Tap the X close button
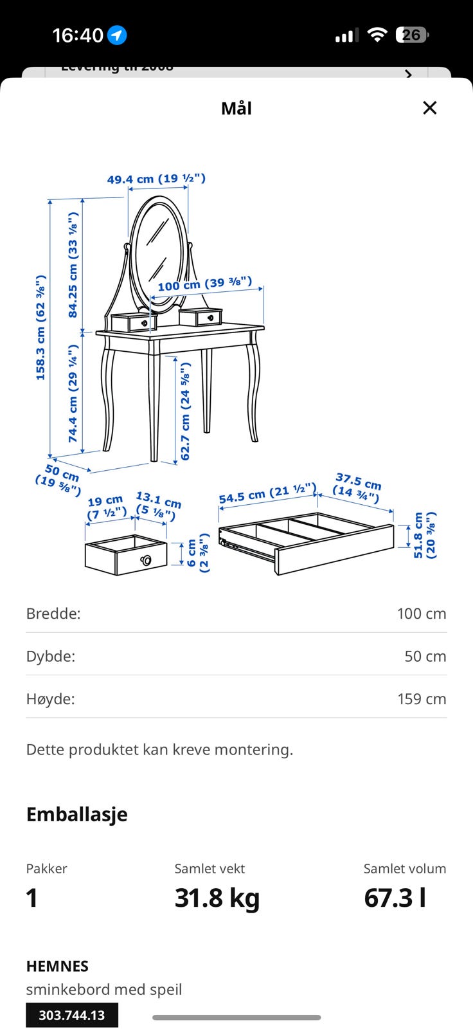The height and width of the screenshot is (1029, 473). pyautogui.click(x=430, y=108)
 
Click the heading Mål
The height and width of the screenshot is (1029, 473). pyautogui.click(x=236, y=109)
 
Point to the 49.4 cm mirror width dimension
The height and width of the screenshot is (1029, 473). pyautogui.click(x=156, y=179)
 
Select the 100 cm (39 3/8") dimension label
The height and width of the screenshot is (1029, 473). pyautogui.click(x=205, y=284)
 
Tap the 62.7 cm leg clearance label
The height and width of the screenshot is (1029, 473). pyautogui.click(x=184, y=411)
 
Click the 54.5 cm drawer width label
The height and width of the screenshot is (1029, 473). pyautogui.click(x=268, y=493)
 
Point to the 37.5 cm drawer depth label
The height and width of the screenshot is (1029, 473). pyautogui.click(x=357, y=487)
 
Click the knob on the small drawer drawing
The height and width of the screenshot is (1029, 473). pyautogui.click(x=146, y=560)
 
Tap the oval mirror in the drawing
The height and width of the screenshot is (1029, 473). pyautogui.click(x=159, y=255)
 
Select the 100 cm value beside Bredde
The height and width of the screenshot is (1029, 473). pyautogui.click(x=422, y=614)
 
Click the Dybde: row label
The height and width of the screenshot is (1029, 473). pyautogui.click(x=51, y=657)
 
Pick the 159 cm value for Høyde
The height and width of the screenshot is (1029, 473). pyautogui.click(x=422, y=699)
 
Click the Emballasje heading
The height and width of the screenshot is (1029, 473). pyautogui.click(x=77, y=814)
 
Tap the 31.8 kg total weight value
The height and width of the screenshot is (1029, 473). pyautogui.click(x=217, y=898)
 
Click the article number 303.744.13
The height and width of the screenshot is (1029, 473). pyautogui.click(x=72, y=1015)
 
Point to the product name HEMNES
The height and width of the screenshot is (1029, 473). pyautogui.click(x=57, y=966)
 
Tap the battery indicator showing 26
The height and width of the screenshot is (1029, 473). pyautogui.click(x=413, y=35)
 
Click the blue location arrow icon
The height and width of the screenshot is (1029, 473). pyautogui.click(x=117, y=35)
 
